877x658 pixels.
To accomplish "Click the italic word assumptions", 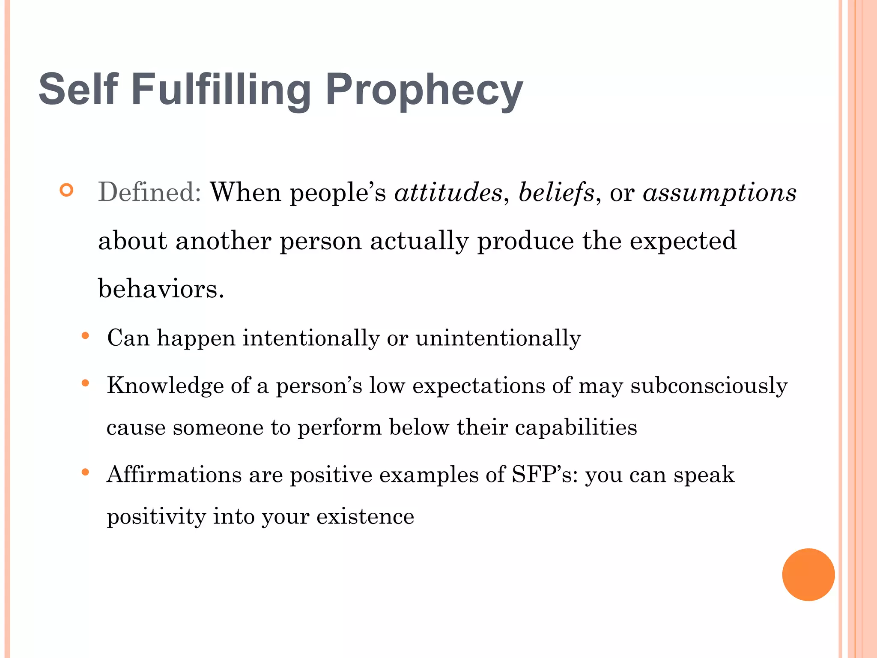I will tap(719, 193).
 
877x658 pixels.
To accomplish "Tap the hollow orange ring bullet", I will tap(67, 190).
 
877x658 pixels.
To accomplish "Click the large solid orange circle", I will tap(808, 574).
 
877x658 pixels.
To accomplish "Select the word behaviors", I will tap(161, 288).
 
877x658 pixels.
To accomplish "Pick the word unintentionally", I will tap(498, 338).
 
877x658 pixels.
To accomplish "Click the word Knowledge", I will tap(165, 385).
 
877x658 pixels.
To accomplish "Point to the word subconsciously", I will tap(709, 386).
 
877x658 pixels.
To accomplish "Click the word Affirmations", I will tap(174, 475).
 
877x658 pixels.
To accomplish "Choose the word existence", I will tap(365, 516).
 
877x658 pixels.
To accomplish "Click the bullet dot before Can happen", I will tap(85, 336).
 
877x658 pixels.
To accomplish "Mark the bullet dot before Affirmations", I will tap(85, 473).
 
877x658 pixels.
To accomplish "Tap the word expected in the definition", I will tap(683, 241).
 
